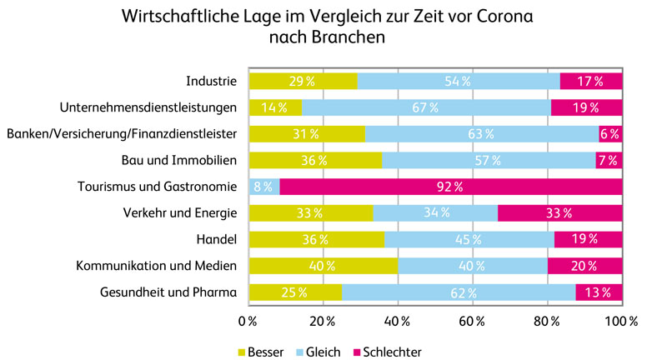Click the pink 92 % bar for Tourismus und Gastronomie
pyautogui.click(x=450, y=187)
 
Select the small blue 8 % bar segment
pyautogui.click(x=263, y=187)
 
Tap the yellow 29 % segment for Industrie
pyautogui.click(x=303, y=81)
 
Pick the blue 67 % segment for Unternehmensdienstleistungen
pyautogui.click(x=426, y=107)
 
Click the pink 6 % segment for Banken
pyautogui.click(x=610, y=133)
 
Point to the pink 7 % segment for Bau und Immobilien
pyautogui.click(x=609, y=160)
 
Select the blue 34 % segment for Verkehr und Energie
pyautogui.click(x=435, y=213)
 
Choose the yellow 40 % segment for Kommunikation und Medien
pyautogui.click(x=323, y=266)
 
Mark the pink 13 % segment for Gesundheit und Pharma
pyautogui.click(x=599, y=292)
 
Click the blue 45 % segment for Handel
pyautogui.click(x=469, y=240)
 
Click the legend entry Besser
pyautogui.click(x=265, y=352)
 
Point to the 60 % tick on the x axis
pyautogui.click(x=472, y=322)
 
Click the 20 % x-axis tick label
pyautogui.click(x=323, y=322)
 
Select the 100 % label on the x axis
pyautogui.click(x=621, y=322)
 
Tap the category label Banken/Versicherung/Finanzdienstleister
pyautogui.click(x=123, y=133)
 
